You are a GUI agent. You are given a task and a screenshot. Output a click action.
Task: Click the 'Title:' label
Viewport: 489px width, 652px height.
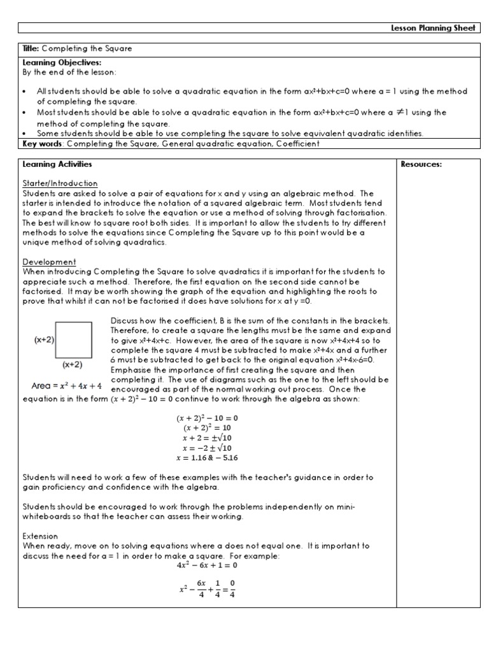click(x=31, y=48)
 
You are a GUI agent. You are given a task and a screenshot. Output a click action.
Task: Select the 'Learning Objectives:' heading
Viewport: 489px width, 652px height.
click(x=53, y=62)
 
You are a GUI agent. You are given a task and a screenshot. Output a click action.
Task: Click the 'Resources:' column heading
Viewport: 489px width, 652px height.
click(x=421, y=164)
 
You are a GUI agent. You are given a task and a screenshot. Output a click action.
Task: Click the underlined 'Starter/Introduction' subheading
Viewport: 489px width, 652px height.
click(x=60, y=183)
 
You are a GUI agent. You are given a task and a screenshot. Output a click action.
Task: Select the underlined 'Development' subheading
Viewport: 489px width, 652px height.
click(x=49, y=262)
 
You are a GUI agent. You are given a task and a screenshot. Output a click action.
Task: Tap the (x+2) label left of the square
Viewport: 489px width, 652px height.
click(x=44, y=340)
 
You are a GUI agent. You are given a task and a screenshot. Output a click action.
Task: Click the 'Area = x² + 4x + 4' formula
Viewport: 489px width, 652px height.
click(x=66, y=385)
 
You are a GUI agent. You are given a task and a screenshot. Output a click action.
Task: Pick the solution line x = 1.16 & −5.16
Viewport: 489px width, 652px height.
click(x=206, y=457)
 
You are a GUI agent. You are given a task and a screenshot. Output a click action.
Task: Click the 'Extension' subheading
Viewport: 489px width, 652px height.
click(x=40, y=536)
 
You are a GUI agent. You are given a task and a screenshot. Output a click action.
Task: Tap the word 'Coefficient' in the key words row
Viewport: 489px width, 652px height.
click(x=296, y=144)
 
